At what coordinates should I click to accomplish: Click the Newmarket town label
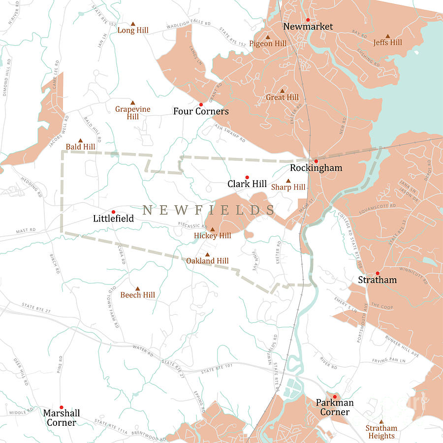pos(308,27)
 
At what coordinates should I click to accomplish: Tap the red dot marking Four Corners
pos(201,105)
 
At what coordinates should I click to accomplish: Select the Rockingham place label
pos(316,168)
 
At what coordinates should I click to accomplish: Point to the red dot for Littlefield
pos(113,212)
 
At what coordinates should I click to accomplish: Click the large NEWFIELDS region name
pos(209,210)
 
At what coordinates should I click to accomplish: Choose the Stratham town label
pos(377,280)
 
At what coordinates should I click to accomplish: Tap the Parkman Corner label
pos(335,408)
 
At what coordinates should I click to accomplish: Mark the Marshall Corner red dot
pos(61,407)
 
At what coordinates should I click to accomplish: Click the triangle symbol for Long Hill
pos(133,24)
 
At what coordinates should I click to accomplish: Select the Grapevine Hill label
pos(132,113)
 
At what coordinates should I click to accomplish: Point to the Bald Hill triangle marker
pos(81,140)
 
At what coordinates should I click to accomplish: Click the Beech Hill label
pos(138,295)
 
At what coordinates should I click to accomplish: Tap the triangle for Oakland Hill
pos(207,254)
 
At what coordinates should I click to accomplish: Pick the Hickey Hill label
pos(212,236)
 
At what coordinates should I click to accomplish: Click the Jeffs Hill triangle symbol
pos(387,36)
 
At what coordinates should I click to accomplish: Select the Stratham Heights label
pos(381,432)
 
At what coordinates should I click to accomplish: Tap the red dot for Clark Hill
pos(247,177)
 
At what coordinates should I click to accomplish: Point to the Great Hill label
pos(282,97)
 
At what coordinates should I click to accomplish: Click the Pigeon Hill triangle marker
pos(268,37)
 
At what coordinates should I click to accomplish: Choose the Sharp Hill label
pos(288,187)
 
